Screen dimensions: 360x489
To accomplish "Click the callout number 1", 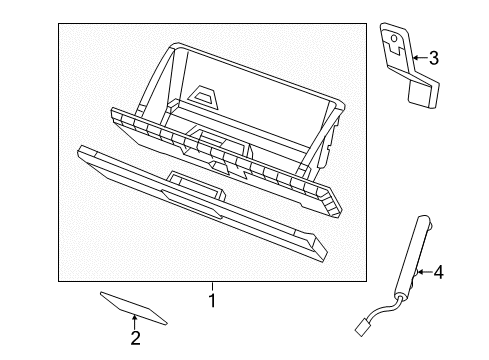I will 211,299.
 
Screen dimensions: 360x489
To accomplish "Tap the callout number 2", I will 135,337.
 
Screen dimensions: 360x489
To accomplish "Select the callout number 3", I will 433,58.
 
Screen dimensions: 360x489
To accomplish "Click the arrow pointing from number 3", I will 418,58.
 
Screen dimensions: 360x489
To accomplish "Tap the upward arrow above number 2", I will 135,321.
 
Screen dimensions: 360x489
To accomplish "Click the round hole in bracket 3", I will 396,42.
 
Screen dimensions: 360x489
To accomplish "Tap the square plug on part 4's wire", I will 361,325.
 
